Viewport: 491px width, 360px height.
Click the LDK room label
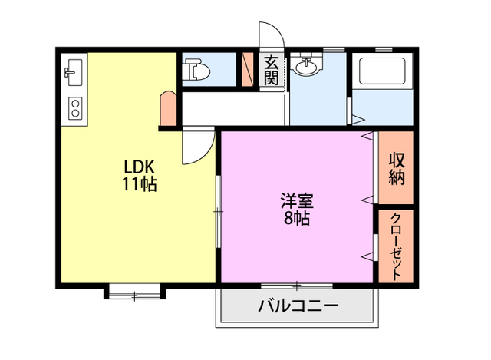tap(140, 167)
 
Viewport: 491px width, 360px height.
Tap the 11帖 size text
tap(140, 184)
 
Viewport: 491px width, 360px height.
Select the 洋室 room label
tap(296, 202)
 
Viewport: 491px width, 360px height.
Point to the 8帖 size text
tap(296, 219)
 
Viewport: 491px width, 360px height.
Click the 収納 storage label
tap(396, 168)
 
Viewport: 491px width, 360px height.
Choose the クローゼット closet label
tap(396, 246)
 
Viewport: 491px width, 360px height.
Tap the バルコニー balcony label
tap(298, 306)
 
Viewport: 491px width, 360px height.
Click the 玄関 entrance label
tap(272, 70)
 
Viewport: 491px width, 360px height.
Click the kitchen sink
tap(74, 74)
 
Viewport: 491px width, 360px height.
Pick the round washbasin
tap(307, 67)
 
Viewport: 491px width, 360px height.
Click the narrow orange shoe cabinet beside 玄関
tap(248, 69)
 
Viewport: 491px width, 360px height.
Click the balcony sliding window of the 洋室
tap(296, 285)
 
